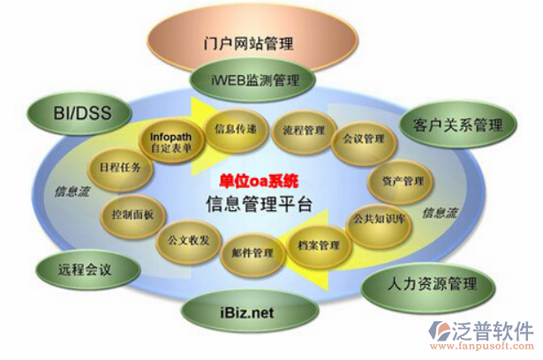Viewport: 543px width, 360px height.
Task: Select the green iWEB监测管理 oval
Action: click(252, 81)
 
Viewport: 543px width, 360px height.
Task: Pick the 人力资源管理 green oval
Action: click(432, 284)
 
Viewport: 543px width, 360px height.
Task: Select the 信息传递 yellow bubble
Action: click(236, 129)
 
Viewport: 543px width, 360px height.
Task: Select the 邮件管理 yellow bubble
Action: click(252, 253)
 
